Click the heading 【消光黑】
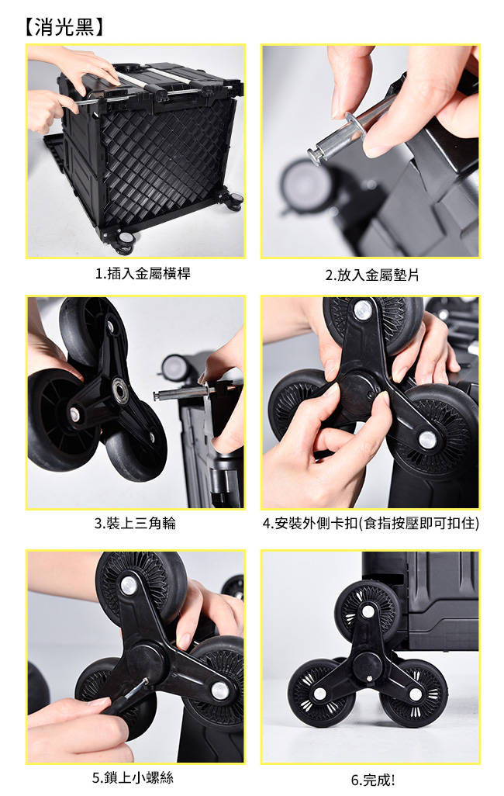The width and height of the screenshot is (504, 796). click(x=64, y=27)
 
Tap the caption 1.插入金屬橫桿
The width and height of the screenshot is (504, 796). click(x=143, y=274)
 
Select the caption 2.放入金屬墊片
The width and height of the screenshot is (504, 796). click(x=372, y=275)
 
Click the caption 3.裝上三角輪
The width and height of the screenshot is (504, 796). click(x=135, y=523)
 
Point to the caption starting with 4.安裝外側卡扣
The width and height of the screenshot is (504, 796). click(x=371, y=523)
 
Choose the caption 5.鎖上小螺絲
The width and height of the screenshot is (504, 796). click(x=133, y=777)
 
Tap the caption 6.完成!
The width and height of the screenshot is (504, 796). click(x=372, y=779)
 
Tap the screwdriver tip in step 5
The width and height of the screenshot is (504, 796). click(x=147, y=680)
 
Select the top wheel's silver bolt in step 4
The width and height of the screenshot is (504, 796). click(x=363, y=310)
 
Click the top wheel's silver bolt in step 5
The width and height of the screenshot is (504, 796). click(x=128, y=584)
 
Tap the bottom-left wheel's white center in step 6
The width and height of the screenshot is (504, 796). click(x=319, y=693)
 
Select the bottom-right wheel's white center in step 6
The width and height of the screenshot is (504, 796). click(x=415, y=694)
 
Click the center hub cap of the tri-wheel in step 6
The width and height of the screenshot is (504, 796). click(x=367, y=664)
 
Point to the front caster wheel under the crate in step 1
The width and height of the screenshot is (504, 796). click(x=124, y=244)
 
